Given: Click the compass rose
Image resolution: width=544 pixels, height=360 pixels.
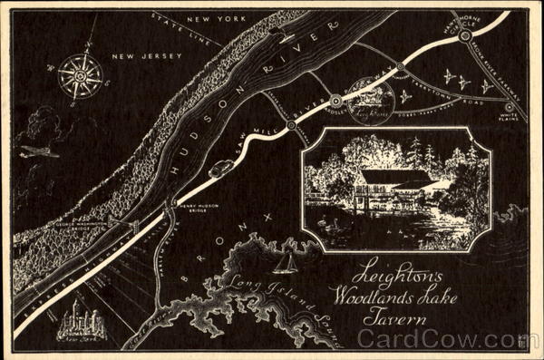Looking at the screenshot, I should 80,75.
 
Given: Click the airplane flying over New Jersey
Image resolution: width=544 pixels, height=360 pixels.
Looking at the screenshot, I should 42,151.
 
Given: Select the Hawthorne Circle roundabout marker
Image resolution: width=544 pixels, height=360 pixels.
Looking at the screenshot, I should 464,35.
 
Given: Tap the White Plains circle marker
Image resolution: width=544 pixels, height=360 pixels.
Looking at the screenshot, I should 509,107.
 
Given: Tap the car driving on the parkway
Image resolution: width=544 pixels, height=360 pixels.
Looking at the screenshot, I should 220,168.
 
